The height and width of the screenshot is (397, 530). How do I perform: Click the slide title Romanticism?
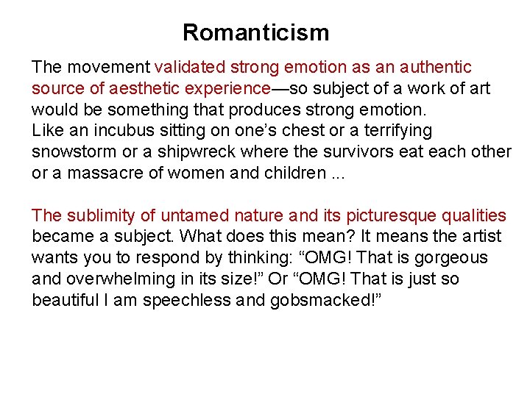[x=255, y=33]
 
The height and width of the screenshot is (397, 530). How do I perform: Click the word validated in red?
[x=191, y=68]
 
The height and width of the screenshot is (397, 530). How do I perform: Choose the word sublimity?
[x=99, y=216]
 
